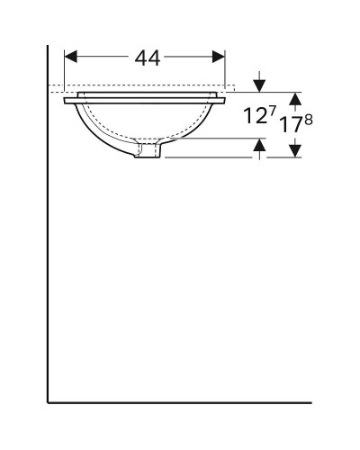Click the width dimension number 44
coord(147,58)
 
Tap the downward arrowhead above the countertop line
coord(259,85)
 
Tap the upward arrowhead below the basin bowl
coord(259,145)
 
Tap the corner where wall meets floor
coord(48,401)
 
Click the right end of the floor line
coord(310,401)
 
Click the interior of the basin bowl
coord(144,121)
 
